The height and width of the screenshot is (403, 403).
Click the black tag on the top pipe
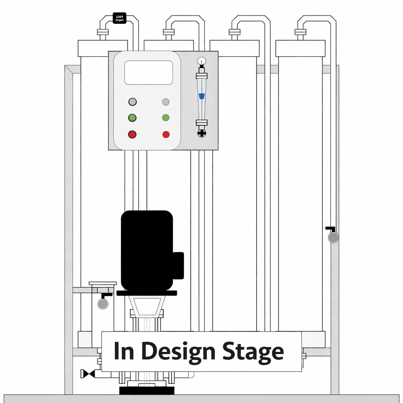[119, 18]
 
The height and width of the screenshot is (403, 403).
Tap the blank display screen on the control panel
[148, 72]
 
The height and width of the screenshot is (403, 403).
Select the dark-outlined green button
[132, 118]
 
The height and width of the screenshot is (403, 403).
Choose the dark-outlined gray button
[132, 102]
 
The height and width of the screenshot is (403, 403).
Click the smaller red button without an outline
[166, 135]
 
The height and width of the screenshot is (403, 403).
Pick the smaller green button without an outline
[166, 118]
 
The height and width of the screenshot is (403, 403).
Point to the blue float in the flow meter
[201, 96]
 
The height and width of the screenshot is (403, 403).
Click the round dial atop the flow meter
[201, 61]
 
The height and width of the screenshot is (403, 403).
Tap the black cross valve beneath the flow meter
[201, 133]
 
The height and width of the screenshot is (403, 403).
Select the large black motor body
[146, 250]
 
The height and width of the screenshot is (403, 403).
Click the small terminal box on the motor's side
[178, 266]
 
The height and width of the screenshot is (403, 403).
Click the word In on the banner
[124, 351]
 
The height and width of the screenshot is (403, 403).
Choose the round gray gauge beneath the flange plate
[103, 303]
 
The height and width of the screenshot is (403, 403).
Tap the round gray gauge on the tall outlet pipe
[333, 238]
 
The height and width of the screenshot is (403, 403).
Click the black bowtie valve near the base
[87, 373]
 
